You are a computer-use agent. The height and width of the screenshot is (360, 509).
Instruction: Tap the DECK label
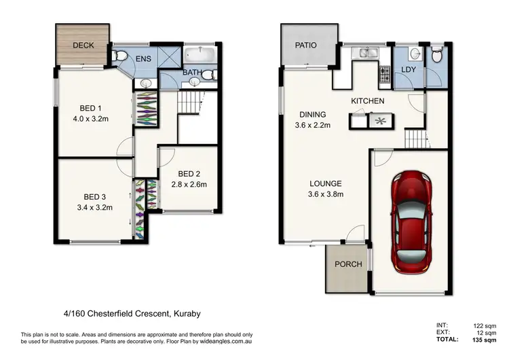click(x=83, y=46)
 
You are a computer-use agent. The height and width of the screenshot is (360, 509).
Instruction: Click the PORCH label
click(x=349, y=264)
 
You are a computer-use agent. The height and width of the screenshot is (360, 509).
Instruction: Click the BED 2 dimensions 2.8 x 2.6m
click(x=188, y=184)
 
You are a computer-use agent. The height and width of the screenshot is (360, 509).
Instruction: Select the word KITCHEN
click(x=368, y=101)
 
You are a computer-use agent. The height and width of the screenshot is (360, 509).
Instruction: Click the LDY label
click(x=409, y=69)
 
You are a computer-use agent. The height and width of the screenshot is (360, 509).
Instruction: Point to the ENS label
click(x=143, y=60)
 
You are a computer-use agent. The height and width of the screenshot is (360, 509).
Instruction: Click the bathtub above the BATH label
click(x=199, y=54)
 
